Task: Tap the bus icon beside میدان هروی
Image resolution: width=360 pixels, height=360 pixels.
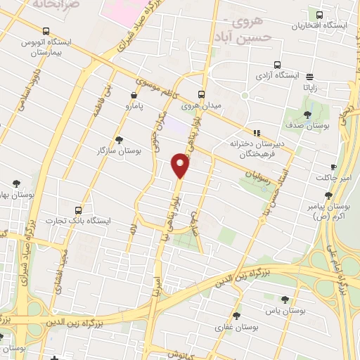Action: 202,94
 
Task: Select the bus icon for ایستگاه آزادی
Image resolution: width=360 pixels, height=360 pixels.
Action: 277,63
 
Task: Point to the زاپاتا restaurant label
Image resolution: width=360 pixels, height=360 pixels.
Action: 310,88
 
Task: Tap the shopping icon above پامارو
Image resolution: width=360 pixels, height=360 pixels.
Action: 134,94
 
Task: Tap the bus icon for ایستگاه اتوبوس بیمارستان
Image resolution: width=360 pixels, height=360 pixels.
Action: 46,31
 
